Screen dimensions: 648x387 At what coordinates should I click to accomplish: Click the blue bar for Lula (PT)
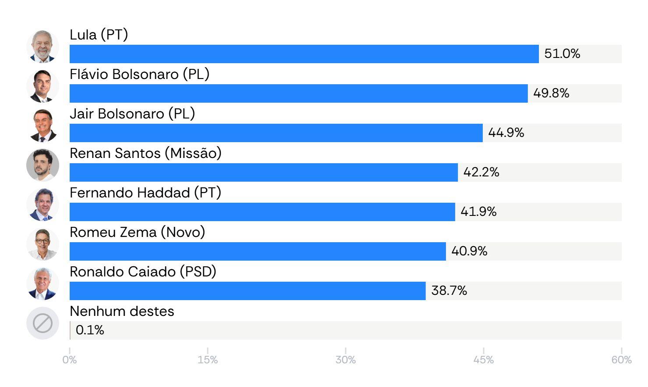coord(304,54)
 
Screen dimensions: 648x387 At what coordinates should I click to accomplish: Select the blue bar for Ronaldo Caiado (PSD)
coord(248,291)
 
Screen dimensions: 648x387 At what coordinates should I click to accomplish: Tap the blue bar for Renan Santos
coord(264,172)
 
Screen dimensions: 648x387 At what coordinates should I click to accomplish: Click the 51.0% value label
coord(562,54)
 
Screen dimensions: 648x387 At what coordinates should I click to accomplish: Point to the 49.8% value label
coord(551,93)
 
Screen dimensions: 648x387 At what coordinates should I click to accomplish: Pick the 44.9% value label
coord(506,133)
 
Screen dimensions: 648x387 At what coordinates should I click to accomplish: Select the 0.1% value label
coord(90,330)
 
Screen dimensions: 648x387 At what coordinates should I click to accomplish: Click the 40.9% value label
coord(469,251)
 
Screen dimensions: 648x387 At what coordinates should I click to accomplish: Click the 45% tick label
coord(483,360)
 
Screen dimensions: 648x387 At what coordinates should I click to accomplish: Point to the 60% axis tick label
coord(621,360)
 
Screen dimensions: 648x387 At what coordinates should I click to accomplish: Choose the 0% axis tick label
coord(69,360)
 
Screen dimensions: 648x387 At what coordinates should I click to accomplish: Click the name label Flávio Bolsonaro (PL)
coord(139,75)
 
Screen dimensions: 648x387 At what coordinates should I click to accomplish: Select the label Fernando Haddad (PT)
coord(145,193)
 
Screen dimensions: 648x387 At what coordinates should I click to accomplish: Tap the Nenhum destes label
coord(122,312)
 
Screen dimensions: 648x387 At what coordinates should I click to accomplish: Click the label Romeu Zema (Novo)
coord(138,232)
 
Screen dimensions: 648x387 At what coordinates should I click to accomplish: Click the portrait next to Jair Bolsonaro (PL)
coord(43,126)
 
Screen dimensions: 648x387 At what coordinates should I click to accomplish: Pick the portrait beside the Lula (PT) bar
coord(43,47)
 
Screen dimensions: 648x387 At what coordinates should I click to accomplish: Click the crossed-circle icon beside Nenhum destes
coord(43,323)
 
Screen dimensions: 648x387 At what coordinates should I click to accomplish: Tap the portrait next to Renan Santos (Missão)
coord(43,165)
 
